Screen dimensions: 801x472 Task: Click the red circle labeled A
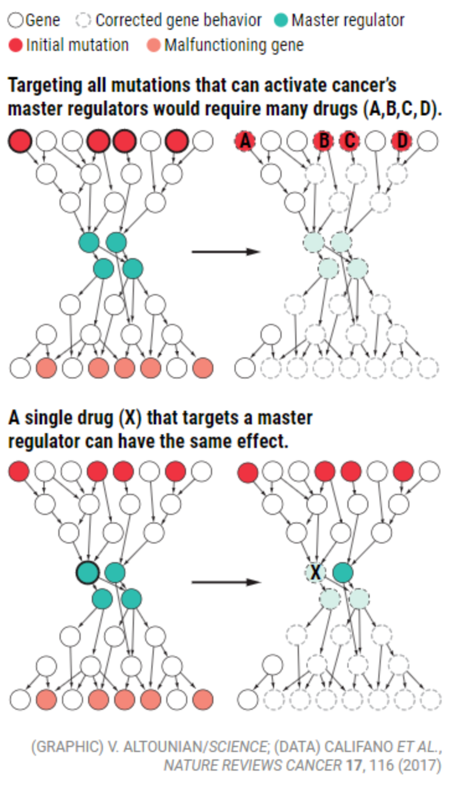pyautogui.click(x=246, y=141)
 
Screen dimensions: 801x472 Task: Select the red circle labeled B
pyautogui.click(x=323, y=141)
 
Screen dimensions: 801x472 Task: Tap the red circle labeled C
pyautogui.click(x=350, y=141)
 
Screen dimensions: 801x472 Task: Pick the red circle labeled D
pyautogui.click(x=402, y=141)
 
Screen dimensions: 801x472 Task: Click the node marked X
pyautogui.click(x=316, y=572)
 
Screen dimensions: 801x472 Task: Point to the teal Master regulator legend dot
pyautogui.click(x=281, y=20)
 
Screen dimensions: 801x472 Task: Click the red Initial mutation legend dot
pyautogui.click(x=16, y=45)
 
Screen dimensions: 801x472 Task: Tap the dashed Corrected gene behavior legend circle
pyautogui.click(x=84, y=20)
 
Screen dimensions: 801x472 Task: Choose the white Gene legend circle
pyautogui.click(x=16, y=20)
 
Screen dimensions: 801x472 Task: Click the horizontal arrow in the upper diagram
pyautogui.click(x=225, y=251)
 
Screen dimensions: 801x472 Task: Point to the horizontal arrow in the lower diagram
pyautogui.click(x=225, y=582)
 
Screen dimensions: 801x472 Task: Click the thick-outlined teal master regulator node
pyautogui.click(x=87, y=572)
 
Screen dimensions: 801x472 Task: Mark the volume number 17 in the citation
pyautogui.click(x=354, y=766)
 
